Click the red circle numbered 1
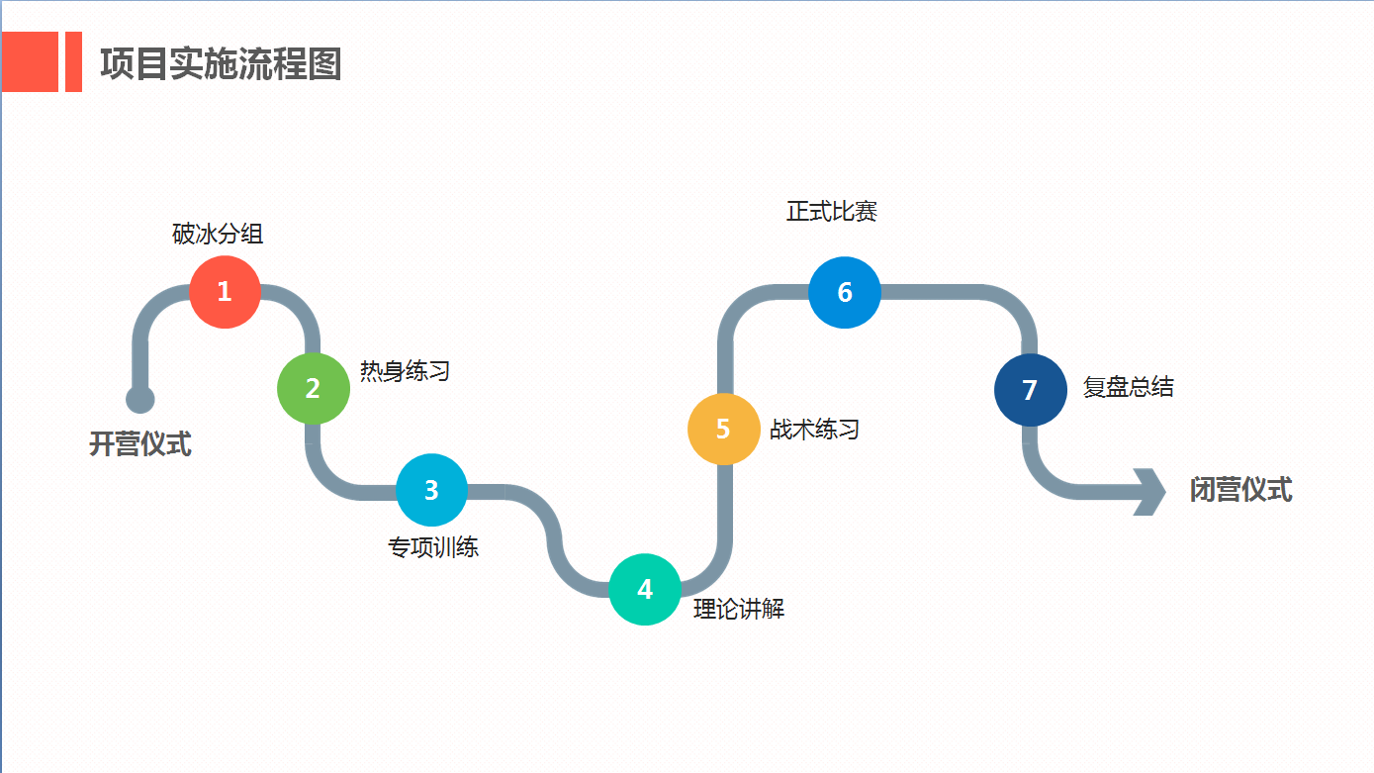[x=225, y=292]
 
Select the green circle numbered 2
[x=314, y=389]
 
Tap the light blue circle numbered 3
[x=431, y=490]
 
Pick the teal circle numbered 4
[x=645, y=590]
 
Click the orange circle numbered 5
[x=723, y=430]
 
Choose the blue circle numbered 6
[x=845, y=292]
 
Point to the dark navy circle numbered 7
[x=1030, y=390]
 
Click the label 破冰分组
[x=218, y=235]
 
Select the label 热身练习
[x=405, y=371]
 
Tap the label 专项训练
[x=433, y=546]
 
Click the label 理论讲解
[x=739, y=610]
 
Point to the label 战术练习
[x=814, y=430]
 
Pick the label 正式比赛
[x=832, y=212]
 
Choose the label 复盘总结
[x=1128, y=387]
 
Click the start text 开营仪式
[x=140, y=444]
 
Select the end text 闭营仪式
[x=1240, y=490]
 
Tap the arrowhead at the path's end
[x=1152, y=491]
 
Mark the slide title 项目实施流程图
[x=221, y=64]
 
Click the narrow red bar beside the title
[x=73, y=61]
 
